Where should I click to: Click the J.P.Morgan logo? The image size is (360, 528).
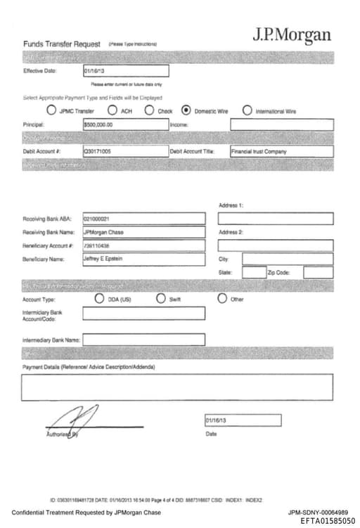pyautogui.click(x=292, y=34)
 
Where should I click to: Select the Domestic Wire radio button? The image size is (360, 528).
pyautogui.click(x=186, y=110)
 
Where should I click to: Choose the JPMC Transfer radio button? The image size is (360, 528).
pyautogui.click(x=51, y=110)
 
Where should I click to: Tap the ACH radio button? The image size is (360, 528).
pyautogui.click(x=112, y=110)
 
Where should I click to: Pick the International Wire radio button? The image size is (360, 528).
pyautogui.click(x=247, y=110)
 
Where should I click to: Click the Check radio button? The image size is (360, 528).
pyautogui.click(x=149, y=110)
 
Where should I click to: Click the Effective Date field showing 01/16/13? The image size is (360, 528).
pyautogui.click(x=125, y=70)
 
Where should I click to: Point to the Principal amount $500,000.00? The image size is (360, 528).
pyautogui.click(x=125, y=124)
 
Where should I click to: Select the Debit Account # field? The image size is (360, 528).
pyautogui.click(x=125, y=151)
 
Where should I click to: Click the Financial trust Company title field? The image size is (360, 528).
pyautogui.click(x=281, y=151)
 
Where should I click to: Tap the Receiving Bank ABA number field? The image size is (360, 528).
pyautogui.click(x=143, y=219)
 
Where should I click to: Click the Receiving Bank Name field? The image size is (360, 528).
pyautogui.click(x=143, y=232)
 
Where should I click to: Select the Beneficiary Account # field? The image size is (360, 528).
pyautogui.click(x=143, y=245)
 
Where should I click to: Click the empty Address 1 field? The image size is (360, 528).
pyautogui.click(x=275, y=219)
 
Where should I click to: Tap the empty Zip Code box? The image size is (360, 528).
pyautogui.click(x=318, y=272)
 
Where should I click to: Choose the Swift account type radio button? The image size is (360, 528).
pyautogui.click(x=161, y=299)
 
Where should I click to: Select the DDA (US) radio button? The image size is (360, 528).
pyautogui.click(x=99, y=299)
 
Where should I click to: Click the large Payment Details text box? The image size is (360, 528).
pyautogui.click(x=177, y=387)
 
